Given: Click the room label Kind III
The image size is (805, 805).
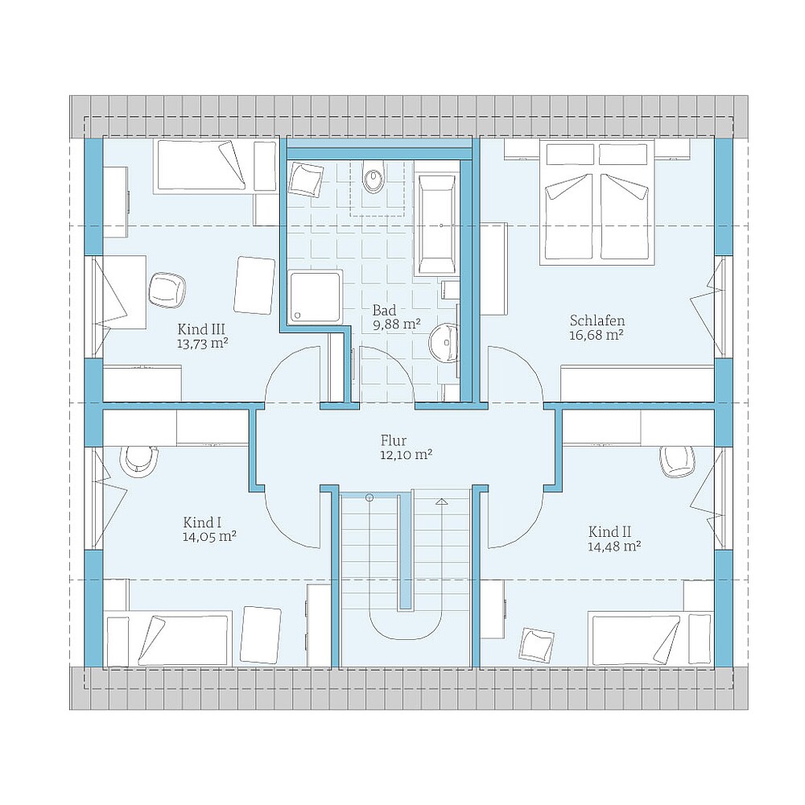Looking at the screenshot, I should pos(200,328).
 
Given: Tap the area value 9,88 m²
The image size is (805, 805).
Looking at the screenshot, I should pos(397,324).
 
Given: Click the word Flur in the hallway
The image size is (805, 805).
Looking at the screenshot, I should pos(394,440).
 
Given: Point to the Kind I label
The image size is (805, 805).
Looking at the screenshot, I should pos(202,522).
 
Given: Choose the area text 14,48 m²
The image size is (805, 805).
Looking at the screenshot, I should pos(614,546).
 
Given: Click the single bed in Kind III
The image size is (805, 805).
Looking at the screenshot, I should pos(200,166).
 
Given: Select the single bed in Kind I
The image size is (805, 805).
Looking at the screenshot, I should pos(169,638).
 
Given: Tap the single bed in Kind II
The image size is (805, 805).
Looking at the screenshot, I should pos(649,638).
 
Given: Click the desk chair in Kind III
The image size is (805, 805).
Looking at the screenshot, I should pos(167,289).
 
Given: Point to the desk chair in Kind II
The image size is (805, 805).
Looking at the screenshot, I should pos(675,459).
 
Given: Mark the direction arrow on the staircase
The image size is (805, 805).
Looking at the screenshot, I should pos(441,502).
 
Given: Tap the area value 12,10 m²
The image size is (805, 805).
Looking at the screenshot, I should pos(407,455).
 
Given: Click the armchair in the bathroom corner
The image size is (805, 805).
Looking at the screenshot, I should pos(306,179).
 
